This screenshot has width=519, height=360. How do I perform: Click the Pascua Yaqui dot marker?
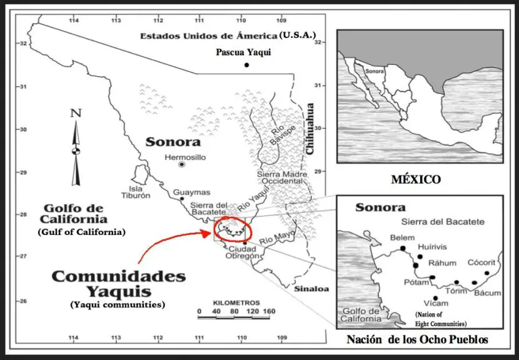247,65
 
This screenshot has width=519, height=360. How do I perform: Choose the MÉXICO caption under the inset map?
416,180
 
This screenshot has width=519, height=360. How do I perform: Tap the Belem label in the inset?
402,237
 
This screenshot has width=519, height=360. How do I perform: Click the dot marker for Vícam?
435,298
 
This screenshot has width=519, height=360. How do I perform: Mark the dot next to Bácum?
475,282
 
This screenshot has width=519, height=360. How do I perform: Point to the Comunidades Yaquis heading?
118,284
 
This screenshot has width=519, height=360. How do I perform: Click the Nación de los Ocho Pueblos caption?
417,340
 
